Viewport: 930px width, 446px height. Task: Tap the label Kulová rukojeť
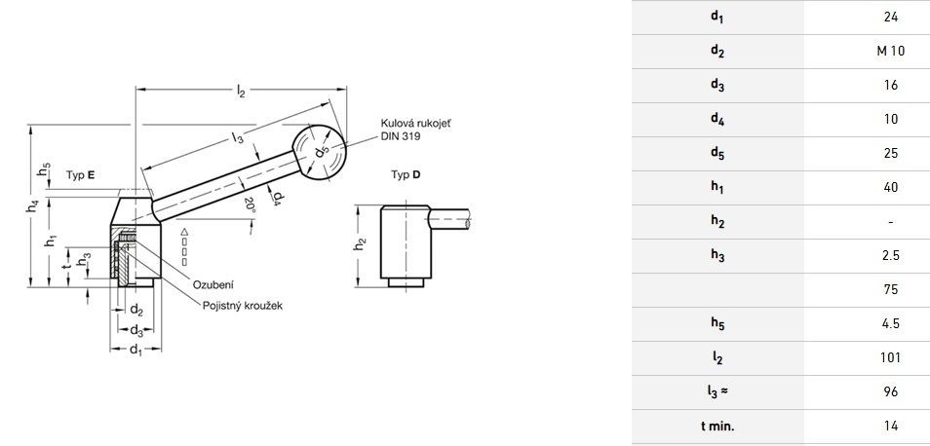coord(415,124)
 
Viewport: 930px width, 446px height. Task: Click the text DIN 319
coord(401,136)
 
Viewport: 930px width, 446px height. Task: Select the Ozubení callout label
coord(213,285)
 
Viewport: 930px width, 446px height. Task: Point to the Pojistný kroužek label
coord(243,306)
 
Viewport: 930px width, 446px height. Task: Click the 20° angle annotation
coord(250,204)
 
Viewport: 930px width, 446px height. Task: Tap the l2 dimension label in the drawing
coord(241,91)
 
